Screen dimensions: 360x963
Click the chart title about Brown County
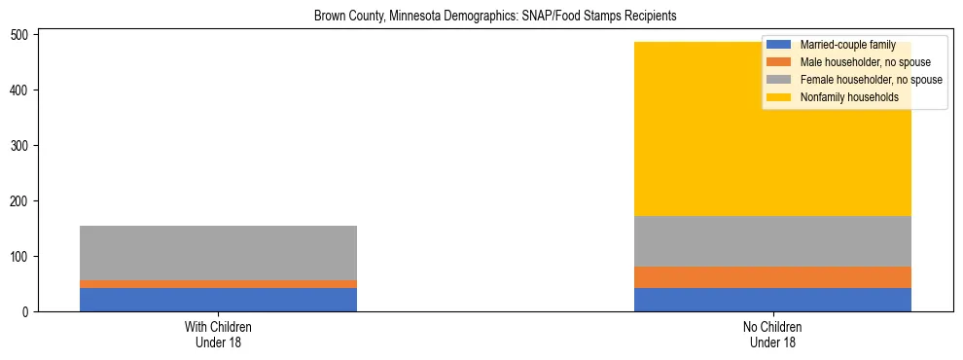(495, 17)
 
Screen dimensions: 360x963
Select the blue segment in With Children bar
(218, 299)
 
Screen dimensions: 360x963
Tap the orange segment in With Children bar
(218, 283)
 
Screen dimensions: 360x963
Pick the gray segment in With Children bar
(218, 253)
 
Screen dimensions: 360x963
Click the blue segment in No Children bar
(772, 299)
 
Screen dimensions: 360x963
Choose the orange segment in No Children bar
(772, 277)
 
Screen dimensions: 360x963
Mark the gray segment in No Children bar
(772, 241)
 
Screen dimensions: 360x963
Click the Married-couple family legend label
(847, 45)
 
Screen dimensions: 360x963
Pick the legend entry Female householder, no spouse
(871, 80)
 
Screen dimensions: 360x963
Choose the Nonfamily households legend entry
(849, 97)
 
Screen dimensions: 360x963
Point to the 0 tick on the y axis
(29, 311)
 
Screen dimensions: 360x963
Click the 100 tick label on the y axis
(22, 256)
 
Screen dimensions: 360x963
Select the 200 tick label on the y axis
(22, 200)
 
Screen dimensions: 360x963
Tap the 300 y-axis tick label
(22, 145)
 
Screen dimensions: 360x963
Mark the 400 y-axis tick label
(22, 90)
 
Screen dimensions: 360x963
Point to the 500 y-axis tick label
(22, 34)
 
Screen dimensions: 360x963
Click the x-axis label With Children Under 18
(218, 334)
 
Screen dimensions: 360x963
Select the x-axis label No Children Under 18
(772, 334)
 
